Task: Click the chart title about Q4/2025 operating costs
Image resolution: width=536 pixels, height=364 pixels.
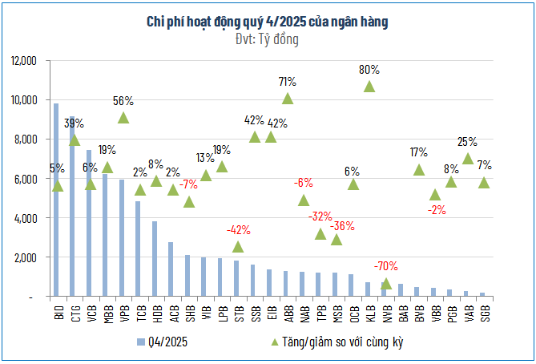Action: (268, 22)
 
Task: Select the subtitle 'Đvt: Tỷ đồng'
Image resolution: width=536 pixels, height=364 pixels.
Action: (268, 40)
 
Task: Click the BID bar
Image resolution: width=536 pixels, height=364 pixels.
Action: (56, 200)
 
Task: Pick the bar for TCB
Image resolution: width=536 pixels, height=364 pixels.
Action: (138, 249)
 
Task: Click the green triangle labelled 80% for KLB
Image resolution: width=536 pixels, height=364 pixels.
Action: (369, 87)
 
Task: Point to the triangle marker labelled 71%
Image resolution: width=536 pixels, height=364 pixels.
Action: (288, 99)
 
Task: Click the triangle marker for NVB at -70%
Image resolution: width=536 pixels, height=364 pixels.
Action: (386, 283)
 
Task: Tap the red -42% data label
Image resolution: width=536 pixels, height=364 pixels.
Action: (238, 229)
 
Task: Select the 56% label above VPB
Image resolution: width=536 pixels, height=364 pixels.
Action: (123, 101)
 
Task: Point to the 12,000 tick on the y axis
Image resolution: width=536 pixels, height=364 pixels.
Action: (24, 61)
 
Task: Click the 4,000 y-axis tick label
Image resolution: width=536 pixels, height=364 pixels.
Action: (26, 218)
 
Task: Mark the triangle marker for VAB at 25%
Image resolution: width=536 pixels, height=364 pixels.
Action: (468, 159)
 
